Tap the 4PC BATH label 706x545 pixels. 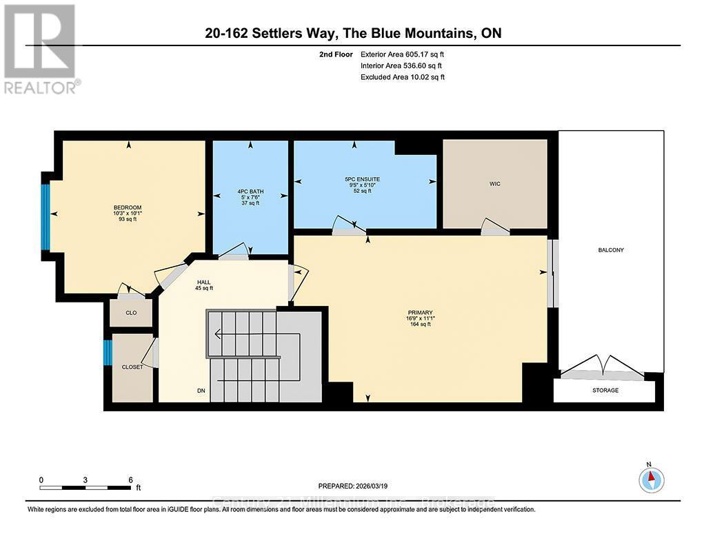[x=250, y=192]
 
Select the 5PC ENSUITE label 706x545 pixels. [x=362, y=179]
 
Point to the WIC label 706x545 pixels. [x=494, y=185]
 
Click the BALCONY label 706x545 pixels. [x=611, y=250]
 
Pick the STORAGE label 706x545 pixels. [x=605, y=391]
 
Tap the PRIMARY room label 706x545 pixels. [x=420, y=313]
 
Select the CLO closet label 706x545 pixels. [x=130, y=313]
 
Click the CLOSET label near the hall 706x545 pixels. [x=132, y=367]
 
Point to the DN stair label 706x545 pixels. [x=201, y=391]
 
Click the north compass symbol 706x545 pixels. [x=651, y=478]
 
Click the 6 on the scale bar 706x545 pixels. [x=130, y=480]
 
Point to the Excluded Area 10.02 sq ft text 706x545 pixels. [x=403, y=77]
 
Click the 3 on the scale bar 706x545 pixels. [x=85, y=480]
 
